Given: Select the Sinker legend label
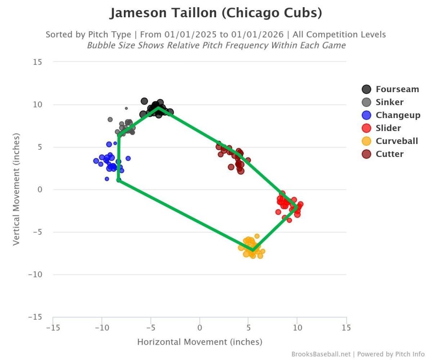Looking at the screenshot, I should click(x=389, y=102).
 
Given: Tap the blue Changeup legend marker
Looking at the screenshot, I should click(x=367, y=115).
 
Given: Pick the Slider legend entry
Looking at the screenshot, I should click(x=388, y=128).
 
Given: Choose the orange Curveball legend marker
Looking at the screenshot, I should click(x=367, y=141).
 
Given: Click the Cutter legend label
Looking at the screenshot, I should click(x=389, y=154).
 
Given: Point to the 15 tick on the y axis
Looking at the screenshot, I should click(x=38, y=62).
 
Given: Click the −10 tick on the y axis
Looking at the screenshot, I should click(x=35, y=275).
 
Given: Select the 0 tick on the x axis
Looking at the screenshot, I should click(x=199, y=328).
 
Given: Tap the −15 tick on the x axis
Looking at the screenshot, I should click(x=53, y=328).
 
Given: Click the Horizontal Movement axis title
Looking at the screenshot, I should click(x=199, y=342).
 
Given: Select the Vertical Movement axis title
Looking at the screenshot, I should click(x=16, y=190).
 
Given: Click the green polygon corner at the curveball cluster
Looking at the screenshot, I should click(x=253, y=250).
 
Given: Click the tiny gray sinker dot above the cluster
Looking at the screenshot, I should click(x=126, y=108).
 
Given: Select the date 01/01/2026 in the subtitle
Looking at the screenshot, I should click(x=263, y=35).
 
